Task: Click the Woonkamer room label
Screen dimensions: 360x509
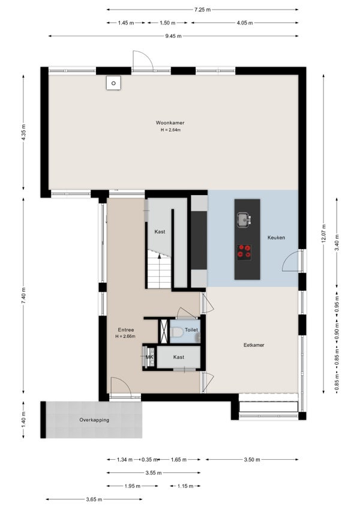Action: coord(170,122)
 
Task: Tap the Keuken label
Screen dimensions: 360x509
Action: coord(276,238)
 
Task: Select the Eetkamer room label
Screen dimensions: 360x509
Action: coord(254,345)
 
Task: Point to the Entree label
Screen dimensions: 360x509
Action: coord(126,330)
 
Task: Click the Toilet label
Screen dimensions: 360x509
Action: coord(191,330)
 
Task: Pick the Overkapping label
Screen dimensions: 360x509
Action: coord(94,420)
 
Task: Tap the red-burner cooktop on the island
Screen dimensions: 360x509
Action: coord(244,252)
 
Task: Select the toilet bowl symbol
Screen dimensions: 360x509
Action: coord(177,333)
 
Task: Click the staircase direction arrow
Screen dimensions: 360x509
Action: coord(160,256)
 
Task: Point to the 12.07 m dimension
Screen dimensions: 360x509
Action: coord(323,233)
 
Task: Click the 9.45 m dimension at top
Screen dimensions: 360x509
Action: coord(173,36)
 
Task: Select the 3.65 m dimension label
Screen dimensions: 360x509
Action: coord(94,499)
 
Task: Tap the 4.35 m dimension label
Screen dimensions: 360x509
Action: coord(23,133)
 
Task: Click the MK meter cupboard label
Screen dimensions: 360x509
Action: coord(149,357)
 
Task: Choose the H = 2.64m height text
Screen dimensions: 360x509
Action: coord(170,130)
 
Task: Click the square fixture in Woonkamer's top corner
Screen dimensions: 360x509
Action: coord(113,83)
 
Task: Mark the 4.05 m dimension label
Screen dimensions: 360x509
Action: coord(245,23)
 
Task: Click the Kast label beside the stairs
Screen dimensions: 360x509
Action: coord(160,232)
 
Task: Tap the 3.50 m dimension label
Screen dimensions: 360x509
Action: coord(252,459)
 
